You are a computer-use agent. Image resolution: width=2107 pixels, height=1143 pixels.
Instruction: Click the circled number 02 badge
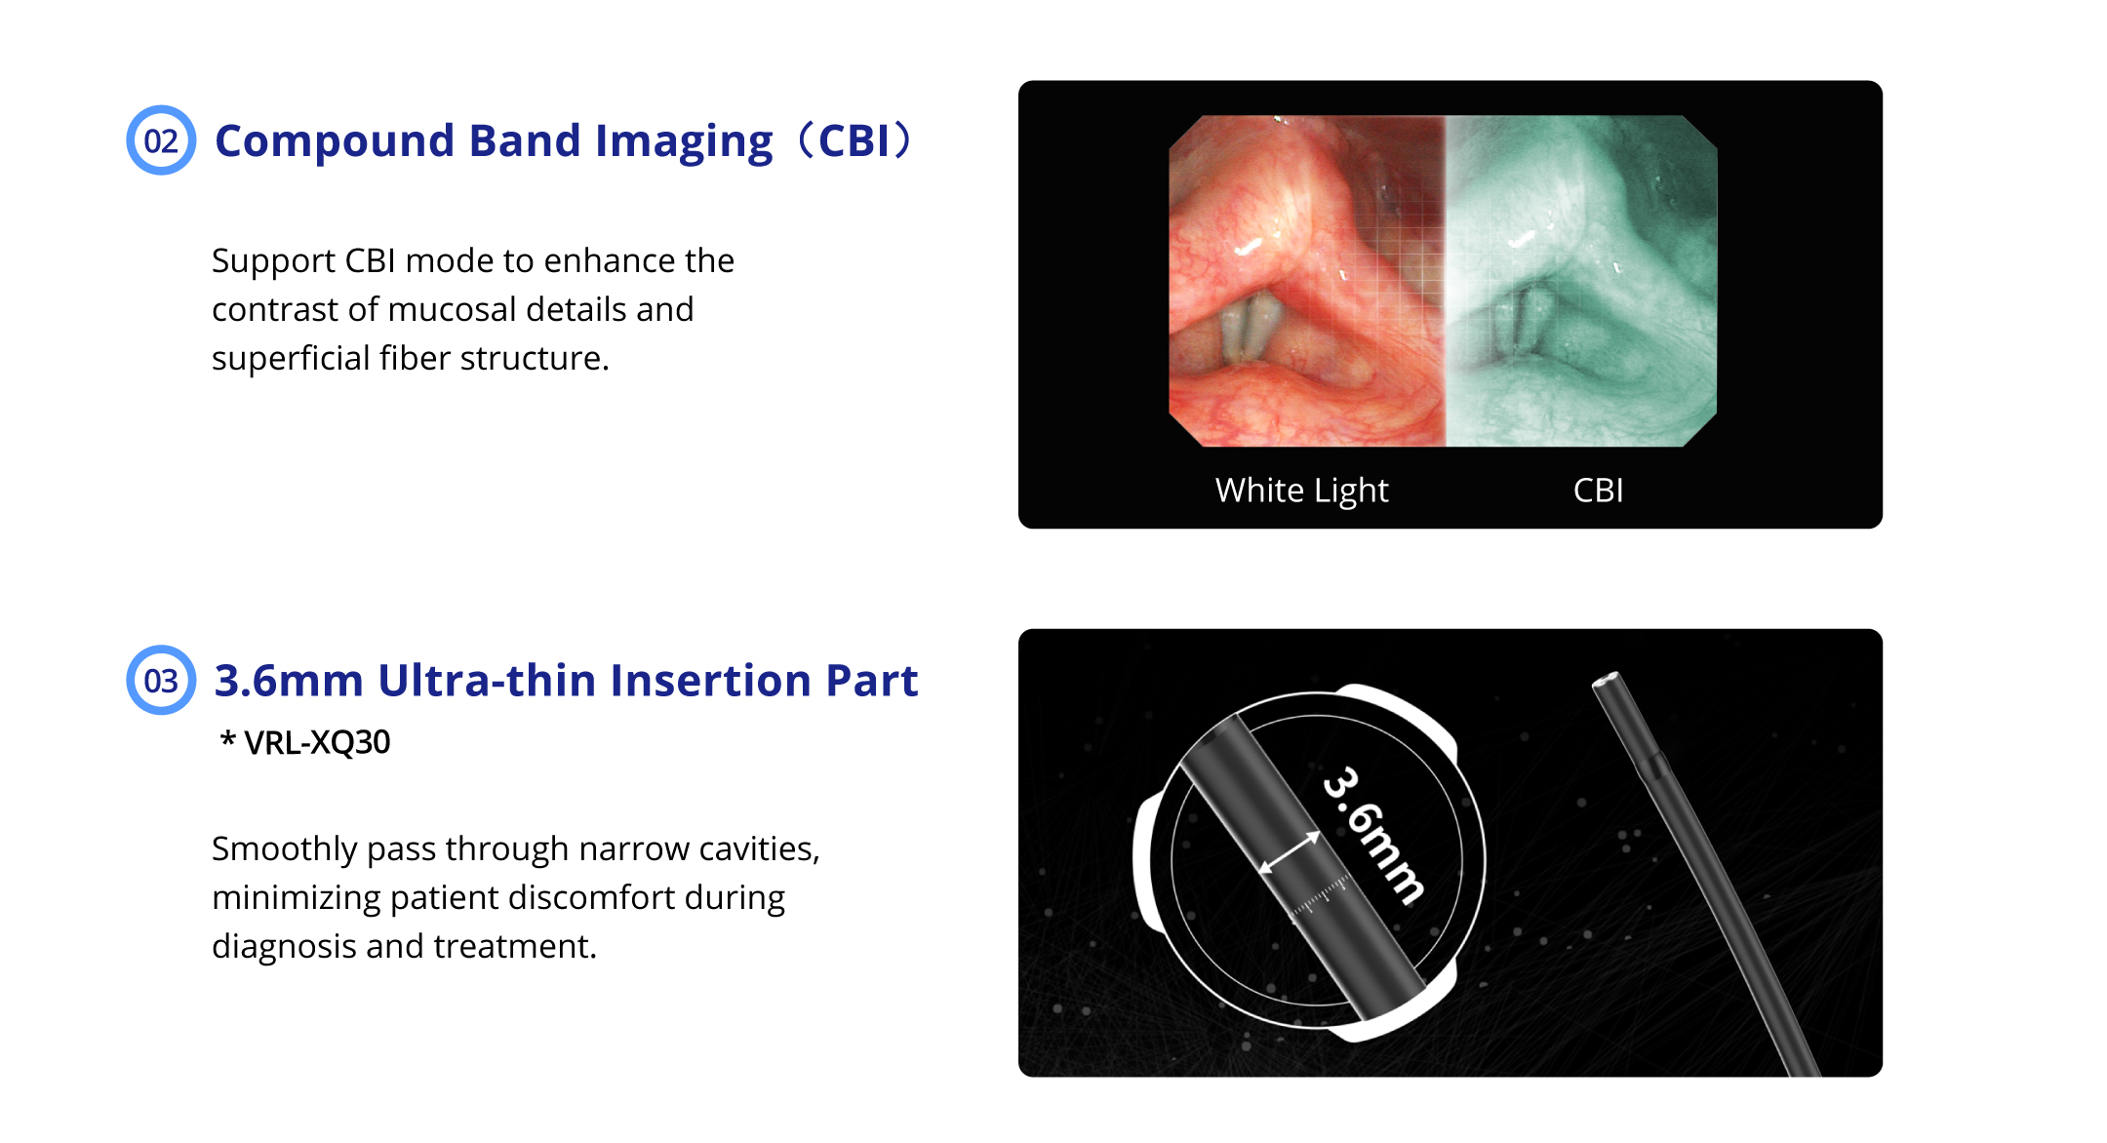pos(161,140)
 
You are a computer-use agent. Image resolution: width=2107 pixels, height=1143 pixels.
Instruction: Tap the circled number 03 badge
pos(161,680)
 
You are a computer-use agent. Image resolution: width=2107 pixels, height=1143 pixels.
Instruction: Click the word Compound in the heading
pos(335,141)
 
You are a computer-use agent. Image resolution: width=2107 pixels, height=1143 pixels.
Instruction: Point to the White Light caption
pos(1301,491)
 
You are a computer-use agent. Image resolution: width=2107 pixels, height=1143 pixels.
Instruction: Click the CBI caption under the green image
pos(1598,490)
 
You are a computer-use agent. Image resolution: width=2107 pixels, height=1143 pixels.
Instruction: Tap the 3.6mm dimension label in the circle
pos(1373,835)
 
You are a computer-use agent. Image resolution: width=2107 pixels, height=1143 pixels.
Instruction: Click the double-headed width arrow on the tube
pos(1290,853)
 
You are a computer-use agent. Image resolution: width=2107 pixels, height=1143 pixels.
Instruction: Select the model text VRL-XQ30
pos(316,742)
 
